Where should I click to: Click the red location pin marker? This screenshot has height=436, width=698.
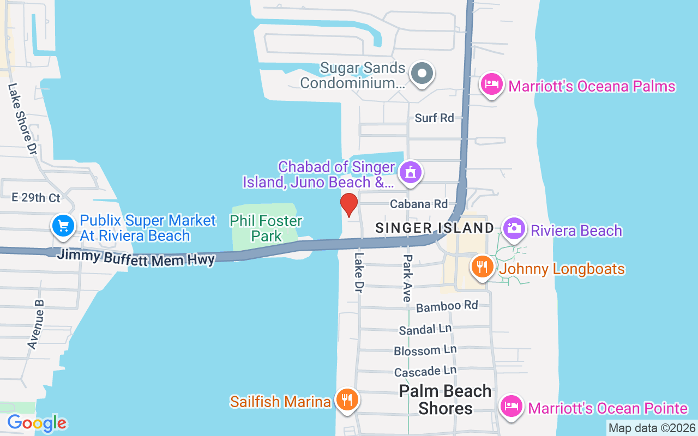349,204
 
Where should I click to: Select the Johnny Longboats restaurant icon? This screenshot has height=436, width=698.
482,267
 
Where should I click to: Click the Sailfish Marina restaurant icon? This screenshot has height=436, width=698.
346,400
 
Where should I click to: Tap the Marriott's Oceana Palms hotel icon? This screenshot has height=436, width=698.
492,84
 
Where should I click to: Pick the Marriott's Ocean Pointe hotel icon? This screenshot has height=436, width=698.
512,407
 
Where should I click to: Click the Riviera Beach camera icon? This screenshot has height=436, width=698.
514,228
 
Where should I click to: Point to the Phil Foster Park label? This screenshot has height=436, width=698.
266,228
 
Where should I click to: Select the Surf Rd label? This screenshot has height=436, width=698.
434,118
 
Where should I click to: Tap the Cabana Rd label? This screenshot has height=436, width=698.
419,204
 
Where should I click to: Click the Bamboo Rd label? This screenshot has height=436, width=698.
447,306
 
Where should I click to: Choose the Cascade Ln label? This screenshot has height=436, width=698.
425,372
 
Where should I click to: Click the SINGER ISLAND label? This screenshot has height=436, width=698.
435,228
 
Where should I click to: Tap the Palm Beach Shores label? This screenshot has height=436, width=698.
445,399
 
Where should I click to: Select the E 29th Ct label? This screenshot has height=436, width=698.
36,197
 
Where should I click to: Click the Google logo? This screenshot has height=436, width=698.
37,423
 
